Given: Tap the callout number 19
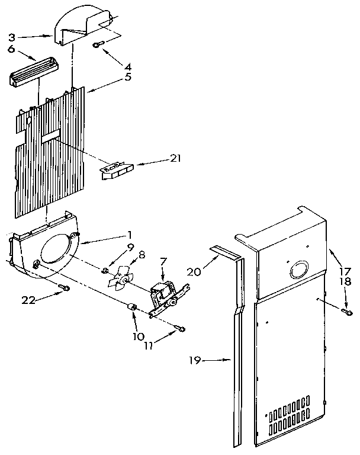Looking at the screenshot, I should (x=195, y=360).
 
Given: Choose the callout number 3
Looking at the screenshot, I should (x=11, y=36).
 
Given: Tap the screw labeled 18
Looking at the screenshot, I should (x=348, y=310).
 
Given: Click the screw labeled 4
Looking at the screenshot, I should (x=98, y=45).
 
